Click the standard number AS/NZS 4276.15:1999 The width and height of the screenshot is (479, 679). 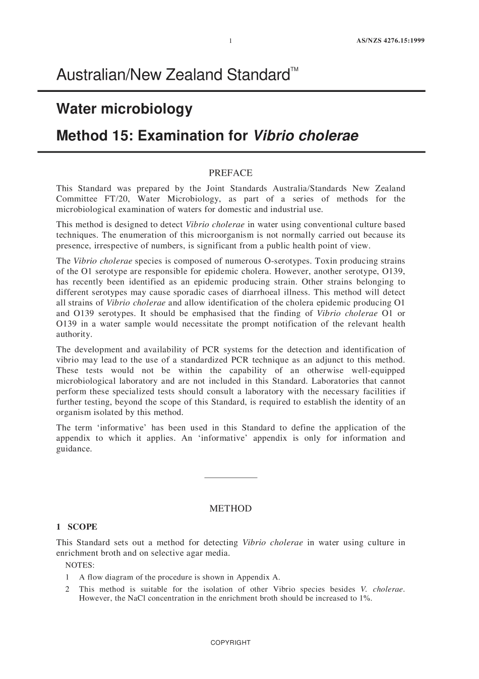[388, 40]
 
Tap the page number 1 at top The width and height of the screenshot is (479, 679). [230, 41]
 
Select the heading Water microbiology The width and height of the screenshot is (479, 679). [124, 109]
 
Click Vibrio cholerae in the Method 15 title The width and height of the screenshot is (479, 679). [305, 136]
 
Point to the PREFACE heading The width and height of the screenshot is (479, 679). [230, 173]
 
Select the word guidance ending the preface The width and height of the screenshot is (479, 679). [74, 449]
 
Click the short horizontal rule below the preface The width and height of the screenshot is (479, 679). [230, 478]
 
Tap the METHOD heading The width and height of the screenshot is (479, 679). [230, 509]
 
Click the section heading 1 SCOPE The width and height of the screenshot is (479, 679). [77, 527]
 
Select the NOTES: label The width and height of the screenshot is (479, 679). [80, 565]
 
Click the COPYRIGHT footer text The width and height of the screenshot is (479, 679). [230, 643]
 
